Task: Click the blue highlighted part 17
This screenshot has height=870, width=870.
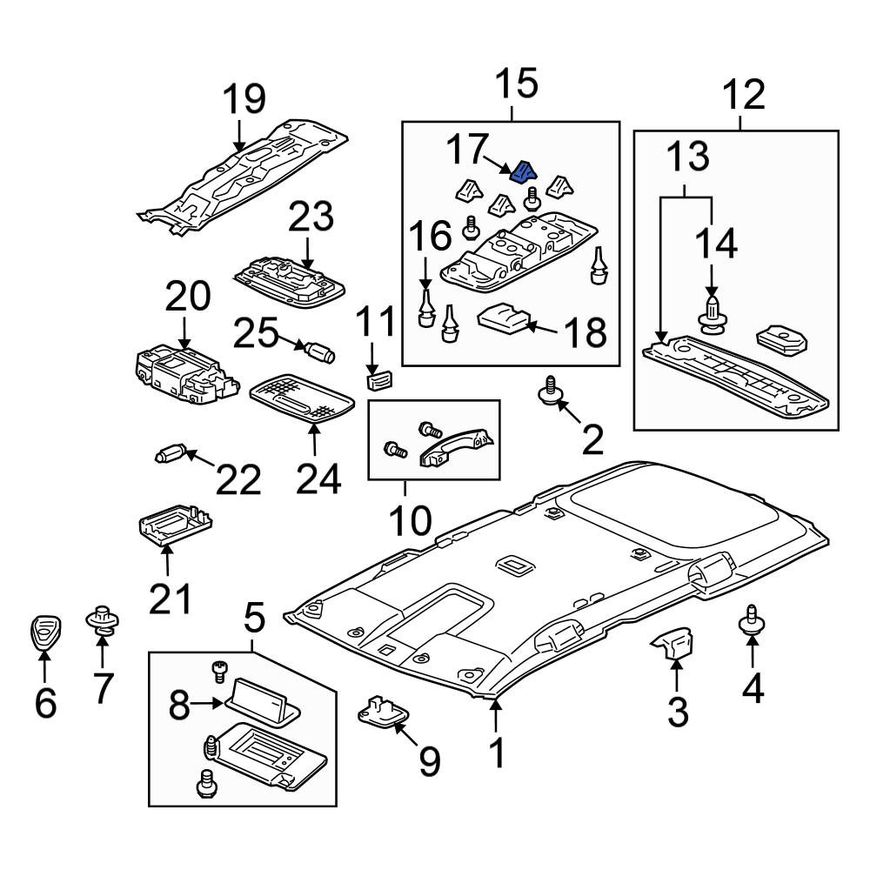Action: coord(523,172)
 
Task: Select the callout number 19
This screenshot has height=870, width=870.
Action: coord(244,99)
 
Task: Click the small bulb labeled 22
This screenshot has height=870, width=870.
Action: coord(170,455)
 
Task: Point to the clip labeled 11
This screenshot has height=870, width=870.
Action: coord(378,381)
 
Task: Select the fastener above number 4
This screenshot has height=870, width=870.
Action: coord(752,620)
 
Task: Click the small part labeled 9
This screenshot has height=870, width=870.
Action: coord(384,711)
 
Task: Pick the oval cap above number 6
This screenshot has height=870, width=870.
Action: coord(45,632)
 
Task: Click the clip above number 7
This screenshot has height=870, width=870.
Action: coord(103,620)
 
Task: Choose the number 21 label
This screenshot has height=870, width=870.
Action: coord(171,599)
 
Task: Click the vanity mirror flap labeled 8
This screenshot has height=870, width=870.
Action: coord(262,702)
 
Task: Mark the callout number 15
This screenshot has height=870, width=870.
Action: coord(517,84)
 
